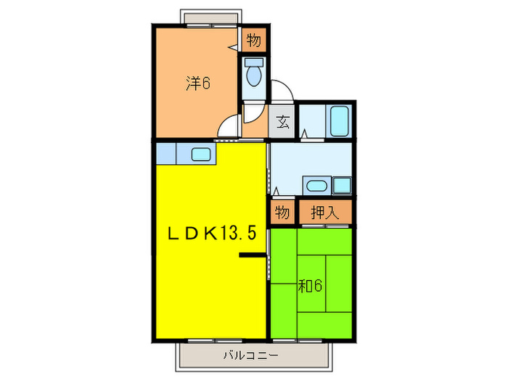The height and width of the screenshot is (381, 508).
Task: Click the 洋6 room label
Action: pyautogui.click(x=197, y=83)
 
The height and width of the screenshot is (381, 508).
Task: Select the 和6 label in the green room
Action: pyautogui.click(x=310, y=285)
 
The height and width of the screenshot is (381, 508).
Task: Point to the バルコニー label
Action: pyautogui.click(x=251, y=356)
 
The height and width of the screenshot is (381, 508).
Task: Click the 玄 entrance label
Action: pyautogui.click(x=283, y=122)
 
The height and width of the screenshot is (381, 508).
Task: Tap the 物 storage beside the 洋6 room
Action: pyautogui.click(x=253, y=41)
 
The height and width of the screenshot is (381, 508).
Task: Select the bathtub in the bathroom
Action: pyautogui.click(x=340, y=120)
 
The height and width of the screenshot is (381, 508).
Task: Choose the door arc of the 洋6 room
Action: pyautogui.click(x=229, y=127)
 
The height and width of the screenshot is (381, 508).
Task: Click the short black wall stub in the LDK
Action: pyautogui.click(x=253, y=255)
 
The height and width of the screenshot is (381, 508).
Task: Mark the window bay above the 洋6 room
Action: pyautogui.click(x=210, y=18)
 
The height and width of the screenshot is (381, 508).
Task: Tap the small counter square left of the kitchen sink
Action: pyautogui.click(x=166, y=153)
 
